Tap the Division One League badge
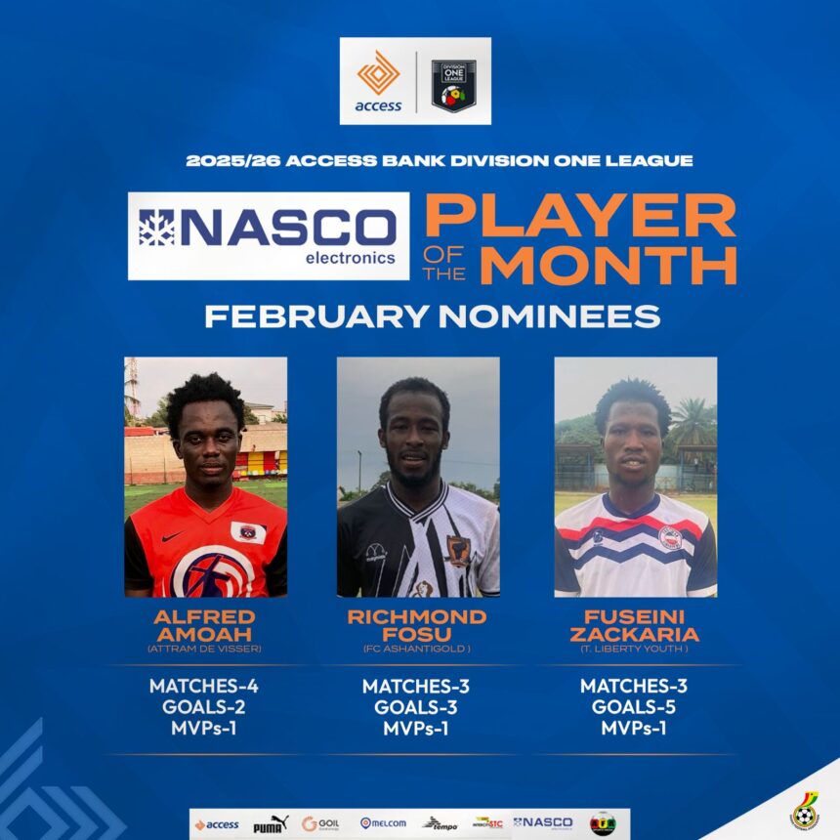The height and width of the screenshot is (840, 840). pos(453,84)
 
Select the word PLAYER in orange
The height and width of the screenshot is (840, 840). pos(580,215)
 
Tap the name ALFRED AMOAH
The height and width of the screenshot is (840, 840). pos(204,625)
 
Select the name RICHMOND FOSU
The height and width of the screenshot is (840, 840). pos(417,625)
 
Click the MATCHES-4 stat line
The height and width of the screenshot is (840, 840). pos(204,686)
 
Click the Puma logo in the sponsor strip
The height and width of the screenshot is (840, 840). pos(270,823)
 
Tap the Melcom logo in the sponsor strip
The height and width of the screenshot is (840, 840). pos(384,823)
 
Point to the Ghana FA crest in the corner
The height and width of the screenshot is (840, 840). pos(804,811)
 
